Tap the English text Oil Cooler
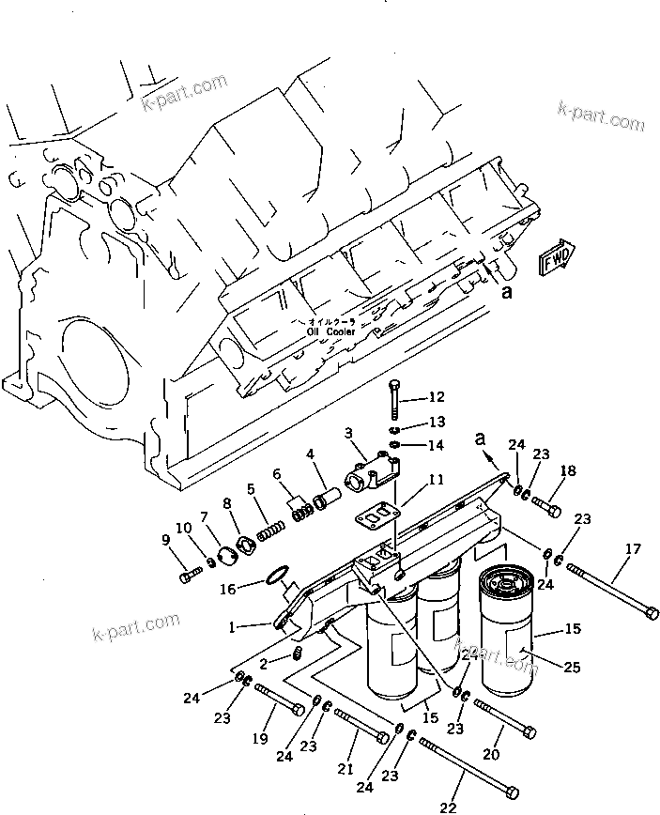coord(328,331)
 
